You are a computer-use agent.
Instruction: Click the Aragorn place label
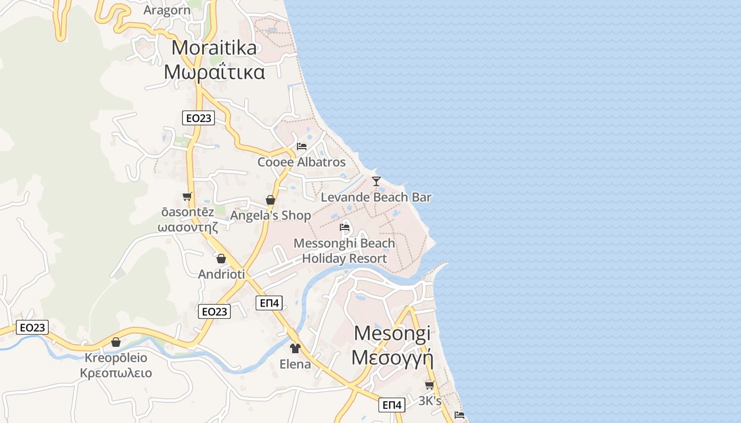[167, 11]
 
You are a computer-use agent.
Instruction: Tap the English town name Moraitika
[214, 48]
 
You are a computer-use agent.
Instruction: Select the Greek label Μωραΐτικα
[214, 72]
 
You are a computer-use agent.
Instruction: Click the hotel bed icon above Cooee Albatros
[302, 146]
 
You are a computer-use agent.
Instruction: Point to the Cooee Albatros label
[301, 162]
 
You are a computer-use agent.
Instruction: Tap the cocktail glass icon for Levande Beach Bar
[376, 181]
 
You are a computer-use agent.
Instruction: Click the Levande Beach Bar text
[376, 197]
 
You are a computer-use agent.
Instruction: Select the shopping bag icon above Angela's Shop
[270, 200]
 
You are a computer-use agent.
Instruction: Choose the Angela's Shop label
[270, 215]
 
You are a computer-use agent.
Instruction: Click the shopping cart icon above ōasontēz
[187, 197]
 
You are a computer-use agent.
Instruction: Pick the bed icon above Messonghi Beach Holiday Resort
[345, 228]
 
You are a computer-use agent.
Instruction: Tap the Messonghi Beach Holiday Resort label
[344, 251]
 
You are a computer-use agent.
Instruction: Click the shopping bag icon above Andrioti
[221, 259]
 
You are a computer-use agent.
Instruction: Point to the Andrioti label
[221, 274]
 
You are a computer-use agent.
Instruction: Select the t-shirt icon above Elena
[295, 348]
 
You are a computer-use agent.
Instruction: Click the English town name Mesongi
[392, 333]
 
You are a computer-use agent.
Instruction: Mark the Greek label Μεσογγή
[392, 358]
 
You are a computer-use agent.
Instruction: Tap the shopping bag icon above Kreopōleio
[116, 342]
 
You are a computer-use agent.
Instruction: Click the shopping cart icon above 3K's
[429, 385]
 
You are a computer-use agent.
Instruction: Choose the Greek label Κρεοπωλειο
[116, 373]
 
